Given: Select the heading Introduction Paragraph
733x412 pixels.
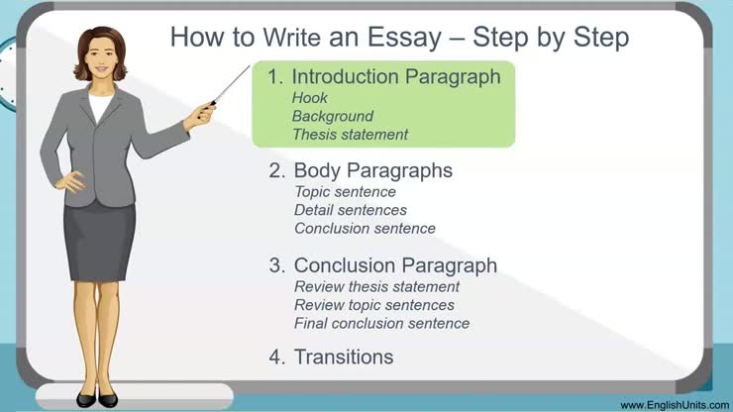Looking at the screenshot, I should pyautogui.click(x=396, y=77).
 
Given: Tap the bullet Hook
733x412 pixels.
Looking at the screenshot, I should pyautogui.click(x=310, y=98).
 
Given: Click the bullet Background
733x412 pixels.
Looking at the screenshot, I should pyautogui.click(x=333, y=116).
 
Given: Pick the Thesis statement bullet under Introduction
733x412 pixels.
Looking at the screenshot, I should pyautogui.click(x=351, y=134).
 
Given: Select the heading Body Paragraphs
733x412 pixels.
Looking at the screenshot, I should pyautogui.click(x=373, y=170).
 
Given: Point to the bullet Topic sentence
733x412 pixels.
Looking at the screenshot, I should pyautogui.click(x=345, y=192).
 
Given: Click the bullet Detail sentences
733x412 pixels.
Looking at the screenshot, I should pyautogui.click(x=351, y=210).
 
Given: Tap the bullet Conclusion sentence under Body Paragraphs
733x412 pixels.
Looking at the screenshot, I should pyautogui.click(x=365, y=228).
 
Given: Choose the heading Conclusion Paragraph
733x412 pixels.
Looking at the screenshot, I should pyautogui.click(x=395, y=265).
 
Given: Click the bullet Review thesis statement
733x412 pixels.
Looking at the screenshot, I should pyautogui.click(x=377, y=287).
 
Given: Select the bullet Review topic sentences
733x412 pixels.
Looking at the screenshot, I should pyautogui.click(x=374, y=305).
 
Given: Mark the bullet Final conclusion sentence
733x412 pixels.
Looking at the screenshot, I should pyautogui.click(x=382, y=323).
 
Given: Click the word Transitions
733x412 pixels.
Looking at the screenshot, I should pyautogui.click(x=344, y=357).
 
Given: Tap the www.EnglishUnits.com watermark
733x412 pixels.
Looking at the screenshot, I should pyautogui.click(x=674, y=405).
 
